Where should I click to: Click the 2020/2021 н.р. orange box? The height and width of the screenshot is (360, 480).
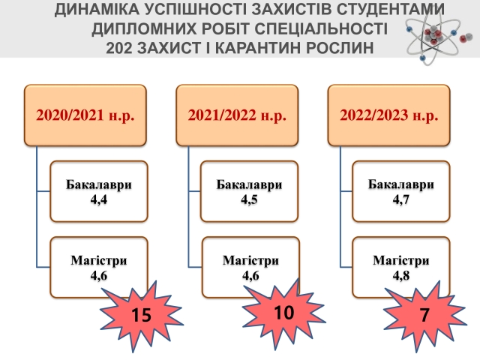click(x=84, y=115)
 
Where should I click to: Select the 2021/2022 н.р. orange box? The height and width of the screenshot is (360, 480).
click(x=236, y=115)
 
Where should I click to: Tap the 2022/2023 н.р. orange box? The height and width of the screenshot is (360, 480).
click(x=389, y=115)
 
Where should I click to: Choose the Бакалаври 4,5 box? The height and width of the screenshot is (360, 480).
click(x=250, y=190)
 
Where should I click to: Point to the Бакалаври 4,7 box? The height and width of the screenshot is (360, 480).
click(x=401, y=190)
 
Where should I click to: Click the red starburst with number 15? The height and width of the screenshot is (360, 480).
click(x=139, y=314)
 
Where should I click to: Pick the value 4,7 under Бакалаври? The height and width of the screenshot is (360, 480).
click(x=401, y=199)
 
